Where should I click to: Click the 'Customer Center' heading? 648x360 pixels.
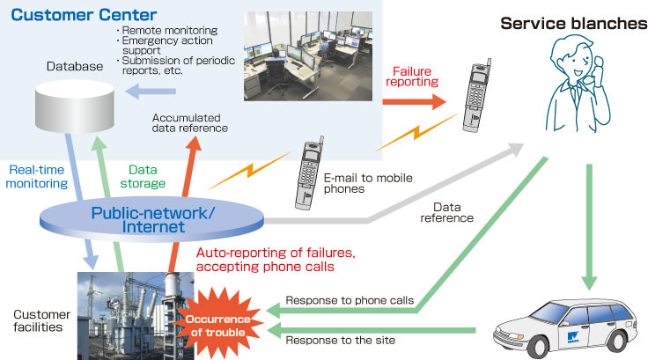click(x=85, y=15)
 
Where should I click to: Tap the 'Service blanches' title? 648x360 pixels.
click(x=573, y=23)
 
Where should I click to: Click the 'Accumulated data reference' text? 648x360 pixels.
click(x=190, y=122)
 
